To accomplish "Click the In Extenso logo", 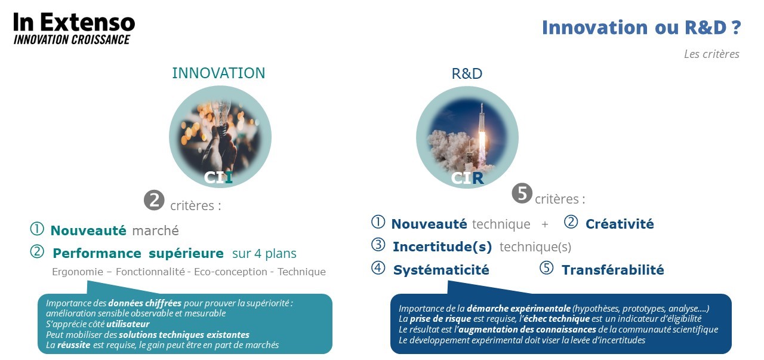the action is click(x=74, y=28).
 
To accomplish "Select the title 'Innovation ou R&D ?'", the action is click(x=641, y=27).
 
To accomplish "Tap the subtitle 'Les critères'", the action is click(x=711, y=54).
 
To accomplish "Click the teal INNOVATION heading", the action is click(x=218, y=73).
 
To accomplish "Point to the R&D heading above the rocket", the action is click(x=467, y=73).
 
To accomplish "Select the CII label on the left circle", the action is click(x=218, y=177).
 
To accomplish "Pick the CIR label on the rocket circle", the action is click(x=467, y=178).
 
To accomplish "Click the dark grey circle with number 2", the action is click(x=154, y=200).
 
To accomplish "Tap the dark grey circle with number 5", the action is click(x=522, y=193).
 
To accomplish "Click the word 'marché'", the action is click(x=155, y=230).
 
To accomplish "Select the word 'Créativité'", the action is click(x=620, y=224).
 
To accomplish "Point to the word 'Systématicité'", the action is click(x=441, y=270).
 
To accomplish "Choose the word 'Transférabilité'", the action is click(x=612, y=270).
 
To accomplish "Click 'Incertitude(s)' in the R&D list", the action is click(x=442, y=247).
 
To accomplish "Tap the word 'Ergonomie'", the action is click(x=78, y=272).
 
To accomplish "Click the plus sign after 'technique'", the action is click(x=545, y=224).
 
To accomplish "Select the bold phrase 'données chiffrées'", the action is click(x=144, y=303).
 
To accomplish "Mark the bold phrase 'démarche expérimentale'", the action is click(x=519, y=309).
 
